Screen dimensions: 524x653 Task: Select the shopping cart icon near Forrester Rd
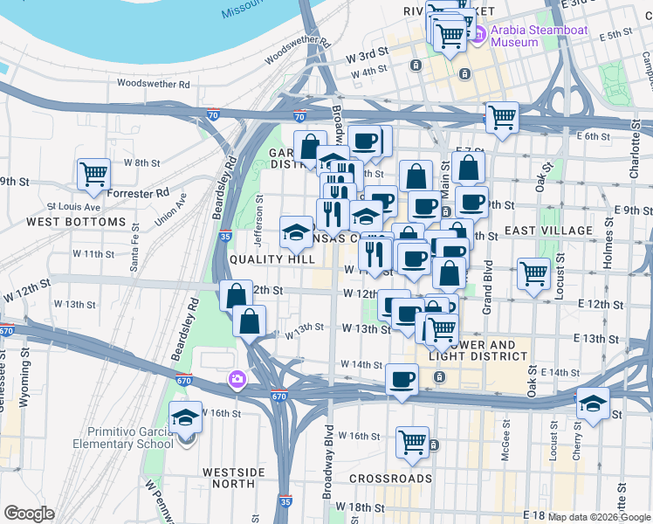(x=93, y=173)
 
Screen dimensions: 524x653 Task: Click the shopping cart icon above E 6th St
(x=502, y=116)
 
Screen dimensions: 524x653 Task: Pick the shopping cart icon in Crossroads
(x=412, y=441)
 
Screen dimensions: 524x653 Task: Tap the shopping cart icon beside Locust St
(x=533, y=272)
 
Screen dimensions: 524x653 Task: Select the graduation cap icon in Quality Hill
(x=296, y=232)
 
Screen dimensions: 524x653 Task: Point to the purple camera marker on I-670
(x=236, y=379)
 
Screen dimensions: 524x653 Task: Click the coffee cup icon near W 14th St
(x=402, y=379)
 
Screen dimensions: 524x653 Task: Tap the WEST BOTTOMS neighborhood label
(x=76, y=222)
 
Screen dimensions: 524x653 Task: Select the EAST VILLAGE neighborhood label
(x=543, y=231)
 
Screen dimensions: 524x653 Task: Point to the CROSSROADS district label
(x=390, y=479)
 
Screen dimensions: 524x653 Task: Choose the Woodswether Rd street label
(x=154, y=85)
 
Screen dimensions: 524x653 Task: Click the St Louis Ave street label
(x=74, y=207)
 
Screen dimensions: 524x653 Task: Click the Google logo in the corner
(x=29, y=514)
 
